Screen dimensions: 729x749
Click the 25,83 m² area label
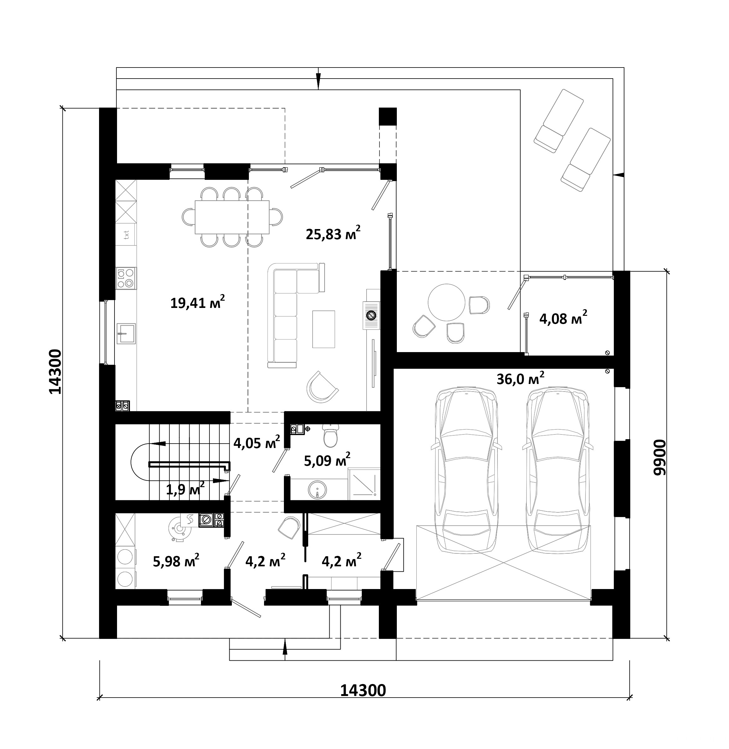click(x=333, y=233)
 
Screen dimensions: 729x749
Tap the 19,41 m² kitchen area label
click(x=197, y=302)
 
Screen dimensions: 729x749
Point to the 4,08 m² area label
click(x=563, y=317)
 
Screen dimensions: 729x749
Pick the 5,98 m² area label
click(x=176, y=561)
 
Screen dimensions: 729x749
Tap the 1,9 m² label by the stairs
click(x=185, y=489)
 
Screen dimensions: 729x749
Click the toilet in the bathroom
click(x=330, y=435)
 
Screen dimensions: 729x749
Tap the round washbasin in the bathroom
click(x=317, y=489)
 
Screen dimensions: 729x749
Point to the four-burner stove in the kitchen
click(x=126, y=278)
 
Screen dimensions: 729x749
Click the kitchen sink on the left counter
click(x=126, y=333)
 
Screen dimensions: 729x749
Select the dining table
click(x=232, y=217)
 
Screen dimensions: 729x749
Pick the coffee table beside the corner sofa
click(x=324, y=329)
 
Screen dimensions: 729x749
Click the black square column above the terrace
click(x=388, y=116)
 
